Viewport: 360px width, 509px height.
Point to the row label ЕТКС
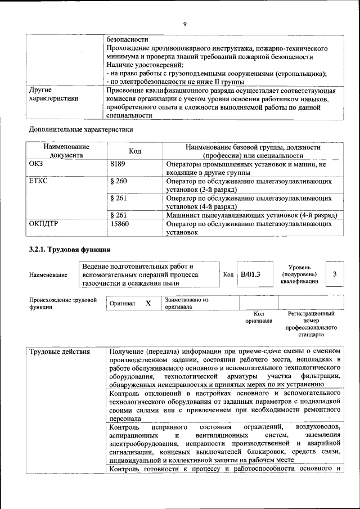[39, 182]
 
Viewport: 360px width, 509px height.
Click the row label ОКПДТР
[44, 224]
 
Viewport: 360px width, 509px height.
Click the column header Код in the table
[135, 151]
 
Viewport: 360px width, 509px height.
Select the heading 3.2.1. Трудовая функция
[69, 249]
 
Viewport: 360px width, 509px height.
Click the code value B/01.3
[250, 274]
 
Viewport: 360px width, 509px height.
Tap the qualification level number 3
[335, 274]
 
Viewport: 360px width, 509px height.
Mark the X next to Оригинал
[148, 303]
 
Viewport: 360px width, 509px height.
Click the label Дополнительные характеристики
[81, 129]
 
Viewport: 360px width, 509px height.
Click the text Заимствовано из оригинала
[187, 303]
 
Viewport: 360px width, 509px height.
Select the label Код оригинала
[259, 317]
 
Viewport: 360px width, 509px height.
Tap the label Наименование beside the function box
[49, 274]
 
